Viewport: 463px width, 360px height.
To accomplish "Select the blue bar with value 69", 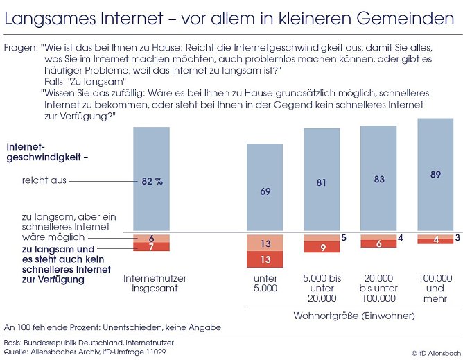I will [x=265, y=189].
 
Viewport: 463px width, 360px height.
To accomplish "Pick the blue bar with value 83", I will [x=378, y=179].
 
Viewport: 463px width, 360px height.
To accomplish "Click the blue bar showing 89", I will [x=435, y=175].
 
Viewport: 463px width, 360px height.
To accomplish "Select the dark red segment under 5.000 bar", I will [x=265, y=259].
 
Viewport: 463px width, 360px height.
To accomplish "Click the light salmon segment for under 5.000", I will [x=265, y=243].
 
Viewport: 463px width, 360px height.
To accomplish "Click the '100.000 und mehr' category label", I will [x=435, y=288].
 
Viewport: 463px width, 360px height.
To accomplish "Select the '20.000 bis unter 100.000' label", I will [x=378, y=288].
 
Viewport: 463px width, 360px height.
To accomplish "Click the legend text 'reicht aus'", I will [x=44, y=181].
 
